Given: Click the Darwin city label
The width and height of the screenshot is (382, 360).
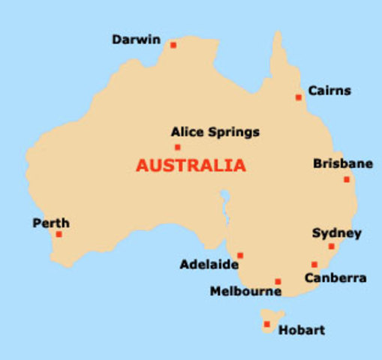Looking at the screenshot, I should pyautogui.click(x=136, y=40).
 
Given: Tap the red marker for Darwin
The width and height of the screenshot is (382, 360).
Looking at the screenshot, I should pyautogui.click(x=173, y=45).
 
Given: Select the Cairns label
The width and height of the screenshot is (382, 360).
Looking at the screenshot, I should pyautogui.click(x=329, y=91).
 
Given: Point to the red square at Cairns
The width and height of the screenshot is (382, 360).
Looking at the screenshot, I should pyautogui.click(x=299, y=97).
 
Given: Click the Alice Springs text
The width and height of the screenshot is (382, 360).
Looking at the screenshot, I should pyautogui.click(x=215, y=133).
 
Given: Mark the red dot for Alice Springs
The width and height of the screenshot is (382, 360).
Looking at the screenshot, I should pyautogui.click(x=178, y=147).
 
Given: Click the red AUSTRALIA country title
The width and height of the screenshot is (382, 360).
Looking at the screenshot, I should pyautogui.click(x=191, y=166).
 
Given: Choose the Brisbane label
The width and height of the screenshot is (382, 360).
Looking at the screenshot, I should pyautogui.click(x=342, y=163).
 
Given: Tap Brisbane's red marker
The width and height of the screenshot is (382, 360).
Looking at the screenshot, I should pyautogui.click(x=347, y=179).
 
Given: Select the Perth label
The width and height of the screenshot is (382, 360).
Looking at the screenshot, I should pyautogui.click(x=51, y=223).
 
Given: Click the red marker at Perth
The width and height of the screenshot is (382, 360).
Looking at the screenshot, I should pyautogui.click(x=59, y=234).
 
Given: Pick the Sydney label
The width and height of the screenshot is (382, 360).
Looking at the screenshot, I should pyautogui.click(x=336, y=233).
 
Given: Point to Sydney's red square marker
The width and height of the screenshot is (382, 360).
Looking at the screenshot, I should pyautogui.click(x=331, y=246).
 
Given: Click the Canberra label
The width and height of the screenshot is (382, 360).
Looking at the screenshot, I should pyautogui.click(x=335, y=278).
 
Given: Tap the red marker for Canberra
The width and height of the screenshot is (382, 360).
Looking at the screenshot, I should pyautogui.click(x=314, y=264).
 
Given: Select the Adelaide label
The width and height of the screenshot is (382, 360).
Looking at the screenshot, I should pyautogui.click(x=209, y=265).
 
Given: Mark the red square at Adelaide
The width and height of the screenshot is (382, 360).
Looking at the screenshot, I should pyautogui.click(x=240, y=255).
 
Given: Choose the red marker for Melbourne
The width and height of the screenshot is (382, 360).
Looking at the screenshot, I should pyautogui.click(x=278, y=282).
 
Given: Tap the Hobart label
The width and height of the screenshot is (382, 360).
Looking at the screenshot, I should pyautogui.click(x=302, y=330).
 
